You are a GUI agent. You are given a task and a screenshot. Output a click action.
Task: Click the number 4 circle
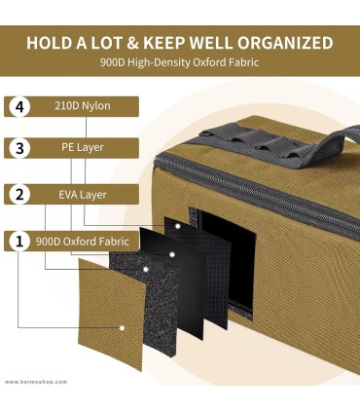point(19,107)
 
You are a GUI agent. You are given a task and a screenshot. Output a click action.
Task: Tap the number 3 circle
point(19,148)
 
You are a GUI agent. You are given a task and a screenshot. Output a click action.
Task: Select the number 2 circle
point(19,195)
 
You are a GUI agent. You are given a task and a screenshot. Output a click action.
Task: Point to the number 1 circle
point(19,242)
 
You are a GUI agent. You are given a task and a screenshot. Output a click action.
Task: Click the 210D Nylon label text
point(83,106)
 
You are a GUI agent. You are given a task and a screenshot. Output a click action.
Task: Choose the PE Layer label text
point(83,147)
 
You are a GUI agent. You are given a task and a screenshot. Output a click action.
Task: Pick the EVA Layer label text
point(83,195)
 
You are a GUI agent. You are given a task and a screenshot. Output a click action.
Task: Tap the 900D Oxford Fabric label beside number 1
point(83,242)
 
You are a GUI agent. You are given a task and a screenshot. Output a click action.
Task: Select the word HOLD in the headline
point(49,43)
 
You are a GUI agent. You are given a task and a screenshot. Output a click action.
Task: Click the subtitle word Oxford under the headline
point(207,61)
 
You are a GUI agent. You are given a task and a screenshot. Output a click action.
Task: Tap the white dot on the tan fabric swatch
point(123,328)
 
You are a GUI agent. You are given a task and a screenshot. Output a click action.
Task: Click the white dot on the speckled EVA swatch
point(146,269)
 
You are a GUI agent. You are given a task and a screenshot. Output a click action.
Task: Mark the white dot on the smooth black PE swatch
point(172,254)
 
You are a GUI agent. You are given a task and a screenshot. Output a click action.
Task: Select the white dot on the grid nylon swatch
point(178,226)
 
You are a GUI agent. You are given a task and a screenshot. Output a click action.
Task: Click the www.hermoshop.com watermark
point(36,382)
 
